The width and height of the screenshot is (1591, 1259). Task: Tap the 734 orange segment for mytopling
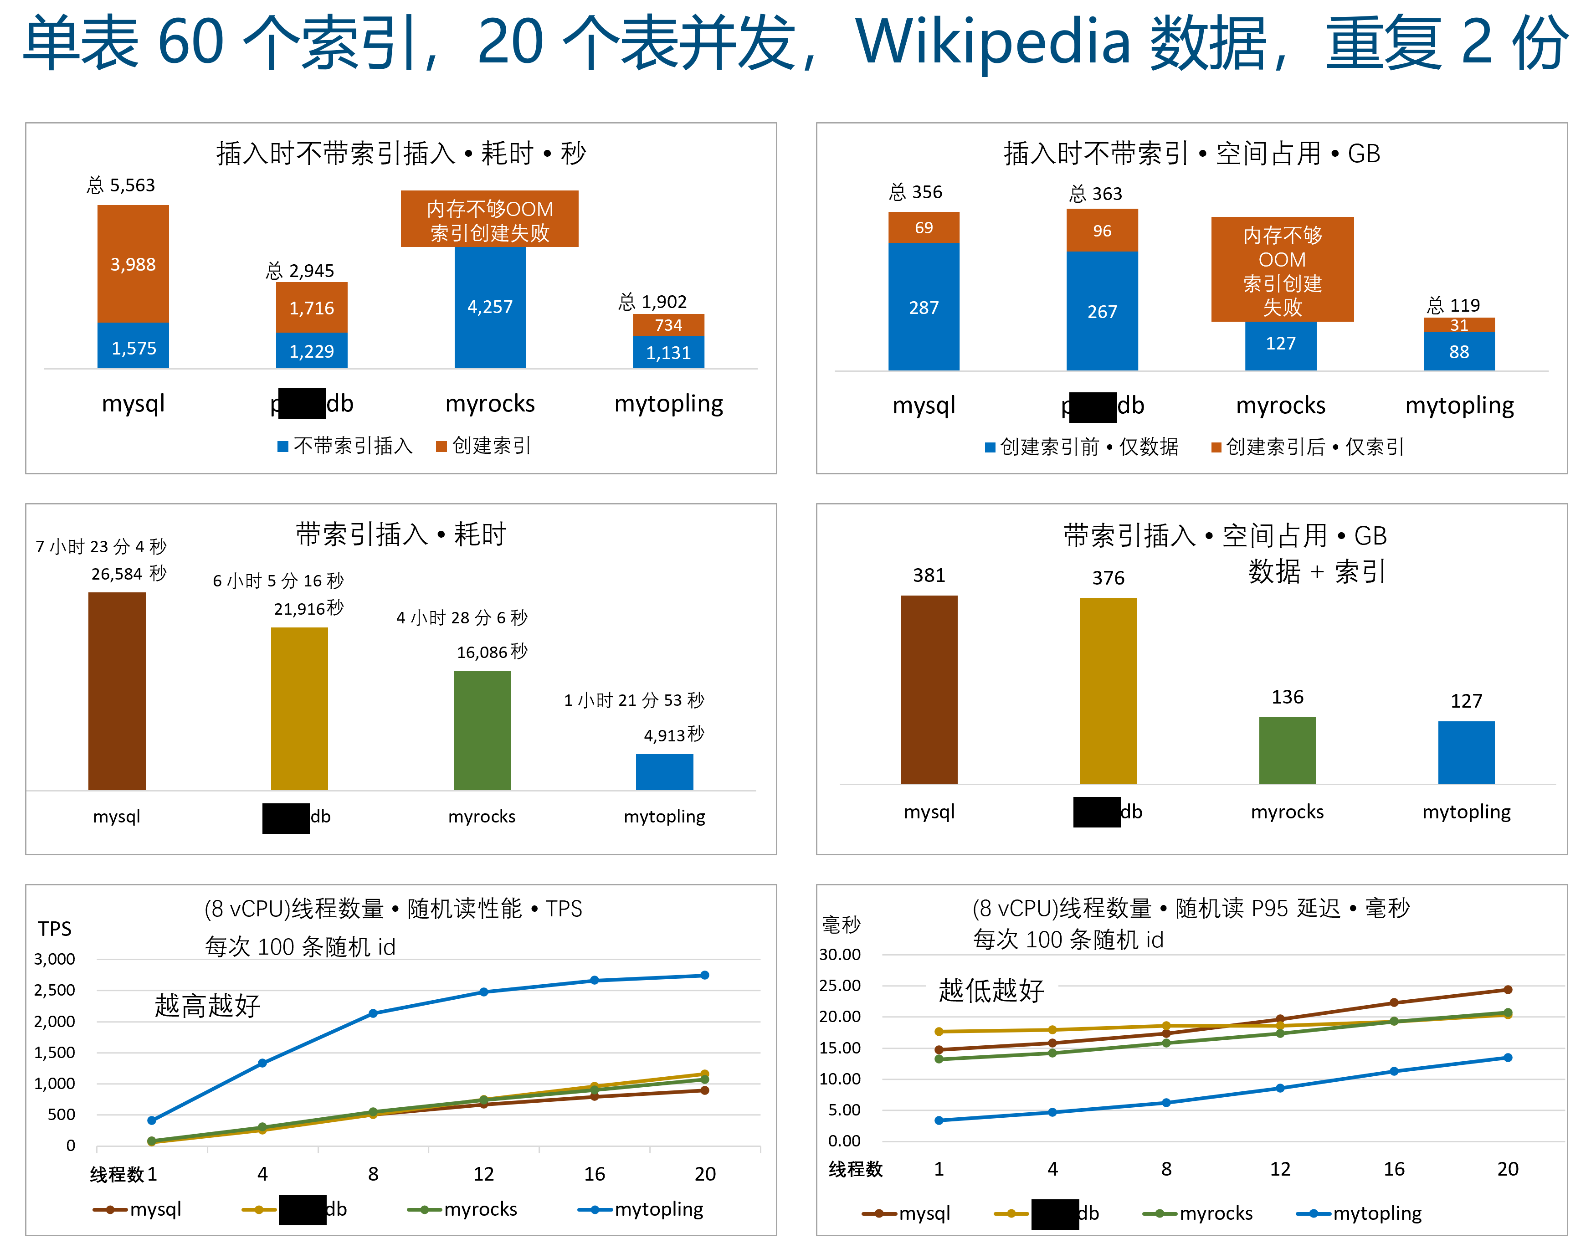coord(668,325)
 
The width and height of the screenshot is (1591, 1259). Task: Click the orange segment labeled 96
coord(1102,231)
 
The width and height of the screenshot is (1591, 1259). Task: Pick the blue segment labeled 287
coord(924,308)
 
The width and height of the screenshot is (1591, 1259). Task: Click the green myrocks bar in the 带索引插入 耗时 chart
coord(482,730)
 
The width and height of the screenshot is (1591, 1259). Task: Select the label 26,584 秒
coord(129,574)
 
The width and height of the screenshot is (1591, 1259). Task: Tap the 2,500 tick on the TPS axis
coord(55,990)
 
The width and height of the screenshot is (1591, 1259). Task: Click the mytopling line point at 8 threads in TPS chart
coord(373,1013)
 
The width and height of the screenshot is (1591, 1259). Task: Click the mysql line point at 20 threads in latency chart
coord(1507,990)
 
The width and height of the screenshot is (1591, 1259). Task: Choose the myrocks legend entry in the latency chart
coord(1199,1213)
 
